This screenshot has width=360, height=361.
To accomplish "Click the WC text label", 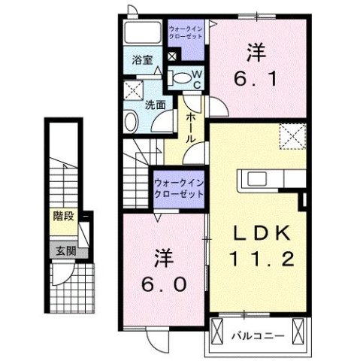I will [x=196, y=78].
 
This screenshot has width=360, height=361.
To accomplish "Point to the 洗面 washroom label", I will [x=156, y=105].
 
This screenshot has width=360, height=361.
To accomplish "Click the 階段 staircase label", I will [x=63, y=217].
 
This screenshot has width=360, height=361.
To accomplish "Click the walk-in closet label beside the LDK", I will [x=178, y=187].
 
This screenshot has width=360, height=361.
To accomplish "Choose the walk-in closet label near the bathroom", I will [x=186, y=32].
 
